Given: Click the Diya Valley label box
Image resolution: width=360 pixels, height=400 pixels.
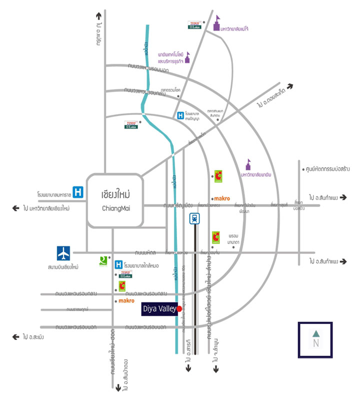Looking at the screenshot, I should click(159, 309).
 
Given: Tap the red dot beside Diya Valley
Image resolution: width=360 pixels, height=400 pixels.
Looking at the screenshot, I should click(179, 309).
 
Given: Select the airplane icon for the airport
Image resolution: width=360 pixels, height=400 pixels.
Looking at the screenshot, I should click(64, 253).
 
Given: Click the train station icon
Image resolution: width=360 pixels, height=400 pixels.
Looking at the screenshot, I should click(194, 218).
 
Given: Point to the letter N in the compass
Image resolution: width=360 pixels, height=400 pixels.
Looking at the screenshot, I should click(315, 343).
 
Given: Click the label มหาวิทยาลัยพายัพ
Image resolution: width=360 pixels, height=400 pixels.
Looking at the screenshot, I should click(259, 175).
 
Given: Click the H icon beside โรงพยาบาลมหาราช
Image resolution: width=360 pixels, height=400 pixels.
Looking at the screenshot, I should click(77, 191).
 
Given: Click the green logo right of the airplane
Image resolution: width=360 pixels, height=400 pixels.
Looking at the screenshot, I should click(103, 259).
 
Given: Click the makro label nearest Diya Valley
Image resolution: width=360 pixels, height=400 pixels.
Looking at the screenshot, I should click(126, 301).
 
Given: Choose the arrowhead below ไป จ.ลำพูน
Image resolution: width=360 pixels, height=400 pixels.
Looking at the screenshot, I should click(216, 370).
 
